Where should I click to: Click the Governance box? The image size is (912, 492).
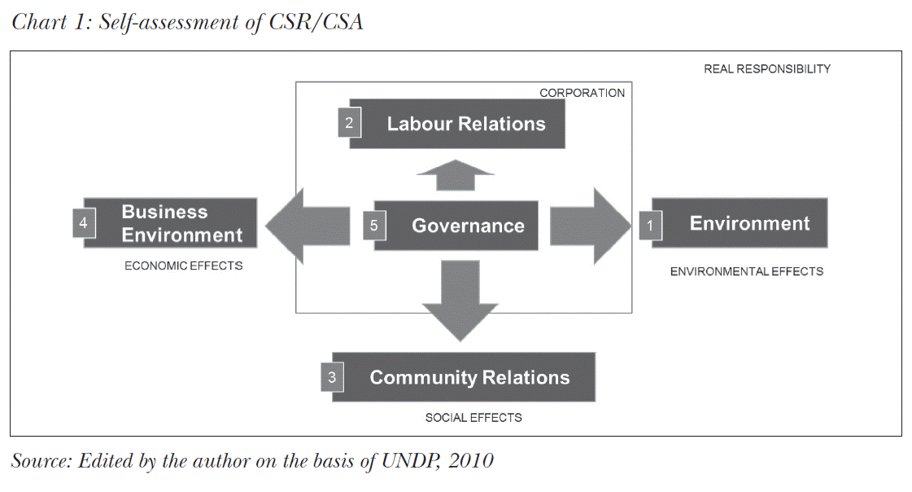click(x=468, y=226)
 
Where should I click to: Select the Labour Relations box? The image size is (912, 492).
click(x=466, y=124)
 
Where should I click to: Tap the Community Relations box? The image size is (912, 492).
click(x=469, y=377)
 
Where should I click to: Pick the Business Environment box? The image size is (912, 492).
click(x=181, y=223)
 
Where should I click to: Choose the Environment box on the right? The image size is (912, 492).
click(x=749, y=223)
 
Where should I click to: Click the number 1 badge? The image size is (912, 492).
click(x=650, y=225)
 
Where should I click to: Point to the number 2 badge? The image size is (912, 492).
click(x=349, y=124)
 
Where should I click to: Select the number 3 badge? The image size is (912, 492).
click(x=332, y=378)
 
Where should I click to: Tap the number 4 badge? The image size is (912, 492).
click(x=84, y=222)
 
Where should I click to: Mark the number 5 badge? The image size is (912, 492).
click(x=374, y=226)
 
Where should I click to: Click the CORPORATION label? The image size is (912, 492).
click(x=582, y=93)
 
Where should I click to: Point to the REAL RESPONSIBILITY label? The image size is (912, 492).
click(x=766, y=69)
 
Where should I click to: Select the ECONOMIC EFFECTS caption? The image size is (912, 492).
click(x=183, y=266)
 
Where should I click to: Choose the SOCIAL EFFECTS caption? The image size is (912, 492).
click(x=473, y=417)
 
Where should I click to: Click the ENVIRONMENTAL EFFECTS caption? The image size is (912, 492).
click(x=746, y=271)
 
